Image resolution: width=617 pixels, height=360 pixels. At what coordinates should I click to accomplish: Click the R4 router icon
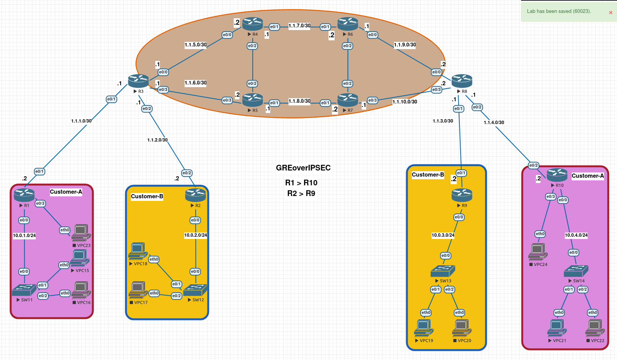pyautogui.click(x=252, y=24)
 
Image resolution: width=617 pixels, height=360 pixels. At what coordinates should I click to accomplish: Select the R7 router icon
pyautogui.click(x=348, y=100)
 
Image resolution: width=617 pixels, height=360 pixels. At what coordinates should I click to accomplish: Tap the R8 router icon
pyautogui.click(x=462, y=81)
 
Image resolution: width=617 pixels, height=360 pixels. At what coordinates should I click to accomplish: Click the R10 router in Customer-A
pyautogui.click(x=557, y=175)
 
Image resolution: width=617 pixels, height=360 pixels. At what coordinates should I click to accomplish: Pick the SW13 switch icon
pyautogui.click(x=443, y=271)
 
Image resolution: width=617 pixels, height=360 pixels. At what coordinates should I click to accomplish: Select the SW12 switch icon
pyautogui.click(x=195, y=290)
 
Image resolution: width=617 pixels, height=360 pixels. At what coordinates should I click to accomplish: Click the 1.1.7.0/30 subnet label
pyautogui.click(x=299, y=26)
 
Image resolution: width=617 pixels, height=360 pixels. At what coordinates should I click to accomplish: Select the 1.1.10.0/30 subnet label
pyautogui.click(x=405, y=102)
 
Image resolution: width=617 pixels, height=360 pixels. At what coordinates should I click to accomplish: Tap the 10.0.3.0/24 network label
pyautogui.click(x=443, y=235)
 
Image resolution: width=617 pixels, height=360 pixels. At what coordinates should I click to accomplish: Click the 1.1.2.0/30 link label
pyautogui.click(x=157, y=140)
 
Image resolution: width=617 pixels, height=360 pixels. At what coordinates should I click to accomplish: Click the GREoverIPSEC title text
pyautogui.click(x=303, y=168)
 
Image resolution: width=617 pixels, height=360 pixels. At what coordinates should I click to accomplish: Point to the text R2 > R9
pyautogui.click(x=301, y=193)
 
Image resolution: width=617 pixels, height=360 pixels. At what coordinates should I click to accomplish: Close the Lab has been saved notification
pyautogui.click(x=611, y=13)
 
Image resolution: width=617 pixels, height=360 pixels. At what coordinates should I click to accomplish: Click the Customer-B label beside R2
pyautogui.click(x=147, y=196)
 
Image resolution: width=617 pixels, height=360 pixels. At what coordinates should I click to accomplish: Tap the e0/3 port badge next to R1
pyautogui.click(x=40, y=204)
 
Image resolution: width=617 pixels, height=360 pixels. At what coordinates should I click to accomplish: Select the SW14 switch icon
pyautogui.click(x=576, y=271)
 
